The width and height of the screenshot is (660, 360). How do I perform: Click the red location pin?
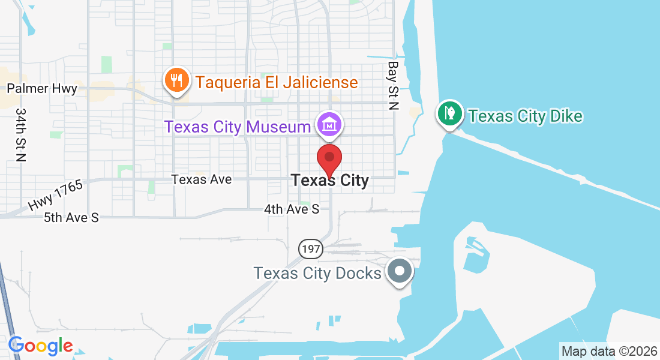(x=329, y=158)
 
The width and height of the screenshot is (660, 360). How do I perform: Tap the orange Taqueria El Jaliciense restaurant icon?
(x=176, y=80)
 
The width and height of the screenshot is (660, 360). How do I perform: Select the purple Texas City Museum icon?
(x=330, y=125)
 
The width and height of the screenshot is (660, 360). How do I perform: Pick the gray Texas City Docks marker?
(x=400, y=271)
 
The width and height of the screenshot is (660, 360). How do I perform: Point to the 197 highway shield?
(x=311, y=248)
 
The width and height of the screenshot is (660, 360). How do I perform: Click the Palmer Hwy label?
(x=42, y=89)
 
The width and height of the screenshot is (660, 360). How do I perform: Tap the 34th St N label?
(x=22, y=135)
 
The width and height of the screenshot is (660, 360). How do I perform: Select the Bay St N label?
(x=393, y=85)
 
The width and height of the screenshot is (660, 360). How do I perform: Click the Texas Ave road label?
(x=201, y=179)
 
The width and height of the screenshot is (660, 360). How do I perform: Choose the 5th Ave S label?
(x=71, y=217)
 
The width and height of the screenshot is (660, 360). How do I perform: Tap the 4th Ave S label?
(x=292, y=209)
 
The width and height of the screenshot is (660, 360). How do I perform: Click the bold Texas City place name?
(x=330, y=180)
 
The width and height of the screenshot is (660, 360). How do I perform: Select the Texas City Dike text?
(x=526, y=116)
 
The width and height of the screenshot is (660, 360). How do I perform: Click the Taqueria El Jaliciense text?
(x=277, y=82)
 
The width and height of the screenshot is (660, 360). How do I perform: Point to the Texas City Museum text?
(x=238, y=127)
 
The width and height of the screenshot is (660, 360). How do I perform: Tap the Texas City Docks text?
(x=317, y=274)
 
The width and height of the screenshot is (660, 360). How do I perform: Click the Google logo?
(x=41, y=346)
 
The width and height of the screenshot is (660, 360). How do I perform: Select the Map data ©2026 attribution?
(x=608, y=352)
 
